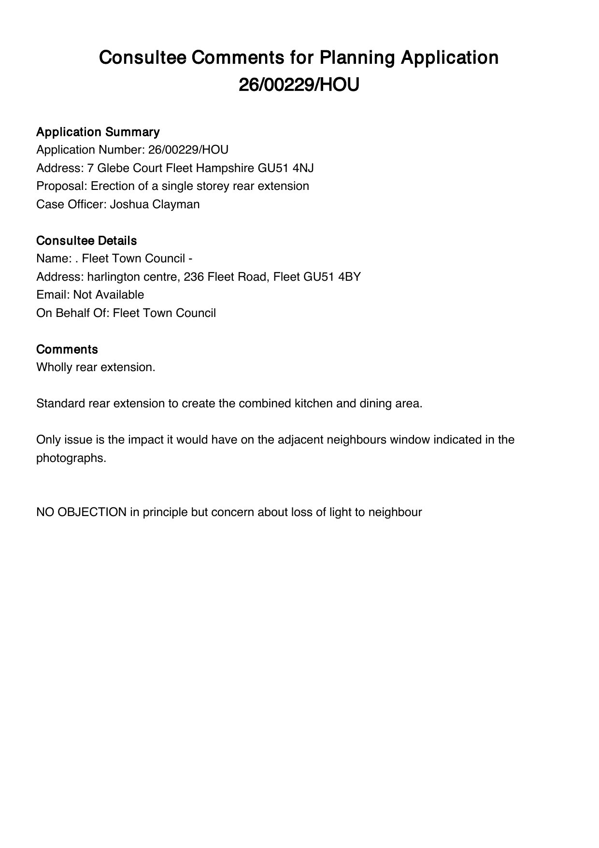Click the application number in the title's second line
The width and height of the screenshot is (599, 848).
tap(299, 85)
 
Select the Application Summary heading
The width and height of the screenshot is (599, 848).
tap(98, 132)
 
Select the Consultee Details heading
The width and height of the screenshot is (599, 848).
tap(86, 241)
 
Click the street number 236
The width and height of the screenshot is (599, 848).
tap(188, 277)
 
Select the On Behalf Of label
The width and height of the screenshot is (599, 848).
tap(73, 313)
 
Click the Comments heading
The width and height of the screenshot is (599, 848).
tap(67, 349)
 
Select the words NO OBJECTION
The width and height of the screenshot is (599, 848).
tap(81, 512)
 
